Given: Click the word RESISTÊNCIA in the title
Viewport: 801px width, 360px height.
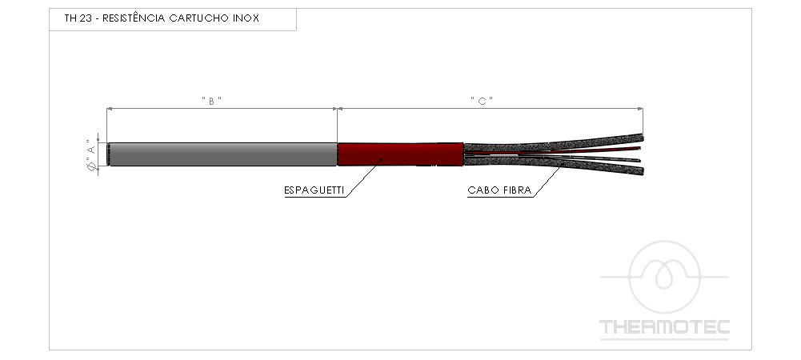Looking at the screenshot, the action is tap(134, 18).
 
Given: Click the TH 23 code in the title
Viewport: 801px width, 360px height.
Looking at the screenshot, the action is tap(78, 18).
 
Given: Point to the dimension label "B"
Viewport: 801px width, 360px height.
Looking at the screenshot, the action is tap(211, 101).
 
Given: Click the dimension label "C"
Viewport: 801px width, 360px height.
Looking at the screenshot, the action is tap(482, 101).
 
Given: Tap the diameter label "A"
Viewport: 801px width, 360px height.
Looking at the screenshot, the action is tap(91, 154).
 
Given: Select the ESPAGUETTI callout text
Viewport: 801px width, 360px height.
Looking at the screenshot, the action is tap(314, 190).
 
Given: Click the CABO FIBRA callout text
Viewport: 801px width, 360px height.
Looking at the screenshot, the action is tap(499, 190).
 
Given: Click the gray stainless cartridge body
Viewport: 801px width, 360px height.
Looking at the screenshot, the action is tap(222, 154).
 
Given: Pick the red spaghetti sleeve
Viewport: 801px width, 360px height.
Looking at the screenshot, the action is tap(400, 154).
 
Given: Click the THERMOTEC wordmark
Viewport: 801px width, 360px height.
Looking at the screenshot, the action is tap(664, 327).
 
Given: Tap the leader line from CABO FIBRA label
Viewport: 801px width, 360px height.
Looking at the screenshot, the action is tap(547, 181).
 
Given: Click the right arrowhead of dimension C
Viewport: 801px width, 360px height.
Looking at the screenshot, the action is tap(641, 108).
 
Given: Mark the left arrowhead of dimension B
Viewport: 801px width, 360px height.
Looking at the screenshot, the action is tap(110, 108).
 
